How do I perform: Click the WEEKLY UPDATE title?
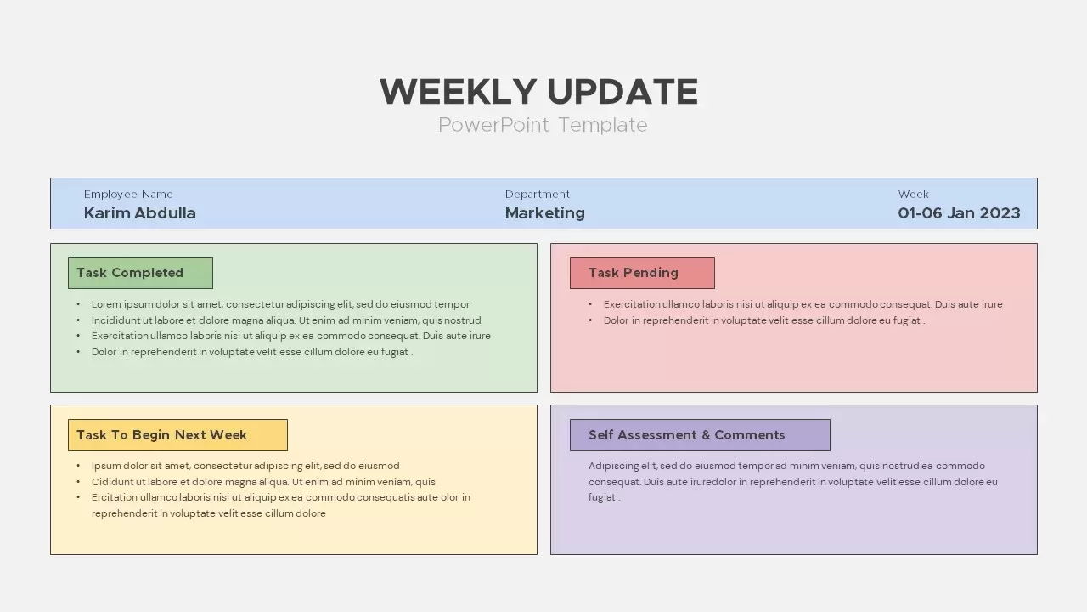(538, 91)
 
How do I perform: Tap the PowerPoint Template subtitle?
(543, 125)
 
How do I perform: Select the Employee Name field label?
(128, 195)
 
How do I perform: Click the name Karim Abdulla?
(140, 213)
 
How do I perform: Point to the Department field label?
(538, 195)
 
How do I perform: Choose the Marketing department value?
(545, 213)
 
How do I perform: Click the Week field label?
(914, 195)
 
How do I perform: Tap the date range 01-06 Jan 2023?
(959, 213)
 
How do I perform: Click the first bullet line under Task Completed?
(280, 304)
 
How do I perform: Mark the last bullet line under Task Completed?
(252, 352)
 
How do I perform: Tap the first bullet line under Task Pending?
(803, 304)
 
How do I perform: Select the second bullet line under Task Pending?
(763, 320)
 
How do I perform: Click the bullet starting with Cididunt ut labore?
(263, 482)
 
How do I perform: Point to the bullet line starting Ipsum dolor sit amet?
(245, 466)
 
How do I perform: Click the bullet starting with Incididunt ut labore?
(286, 320)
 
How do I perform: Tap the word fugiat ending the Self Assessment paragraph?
(602, 497)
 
